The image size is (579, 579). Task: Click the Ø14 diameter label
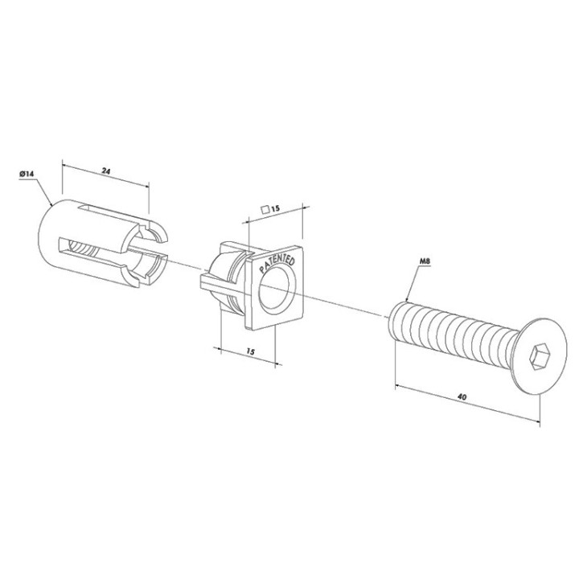point(27,174)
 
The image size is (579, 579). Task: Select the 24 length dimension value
point(106,171)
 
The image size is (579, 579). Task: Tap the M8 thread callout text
point(425,261)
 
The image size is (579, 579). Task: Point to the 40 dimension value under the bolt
point(462,397)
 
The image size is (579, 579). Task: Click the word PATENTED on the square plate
point(277,265)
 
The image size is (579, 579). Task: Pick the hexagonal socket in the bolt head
point(537,357)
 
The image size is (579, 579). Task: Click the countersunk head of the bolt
point(538,356)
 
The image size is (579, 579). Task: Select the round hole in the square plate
point(277,289)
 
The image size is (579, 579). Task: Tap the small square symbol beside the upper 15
point(265,210)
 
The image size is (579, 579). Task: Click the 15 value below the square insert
point(250,351)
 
